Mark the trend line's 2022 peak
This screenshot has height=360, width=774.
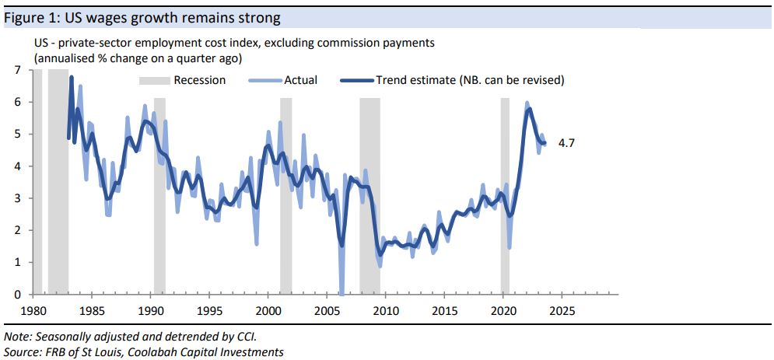(529, 109)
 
